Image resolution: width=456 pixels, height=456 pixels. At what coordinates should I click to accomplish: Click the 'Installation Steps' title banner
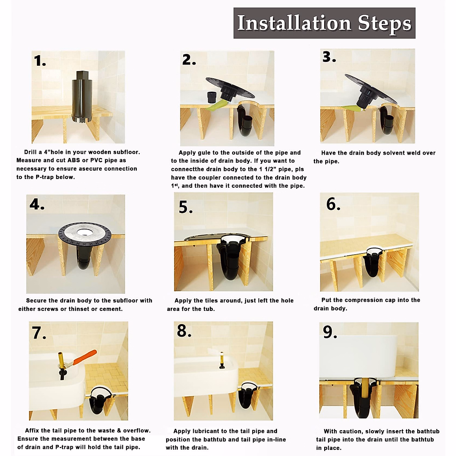pos(324,23)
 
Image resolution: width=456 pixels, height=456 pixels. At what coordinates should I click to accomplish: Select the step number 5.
pos(185,207)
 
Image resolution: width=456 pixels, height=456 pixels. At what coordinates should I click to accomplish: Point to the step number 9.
pos(329,332)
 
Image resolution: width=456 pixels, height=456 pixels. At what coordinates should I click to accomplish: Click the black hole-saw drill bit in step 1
pos(82,97)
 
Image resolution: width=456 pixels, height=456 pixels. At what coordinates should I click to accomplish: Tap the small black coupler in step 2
pos(213,97)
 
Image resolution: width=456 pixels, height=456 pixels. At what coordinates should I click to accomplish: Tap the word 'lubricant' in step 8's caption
pos(215,431)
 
